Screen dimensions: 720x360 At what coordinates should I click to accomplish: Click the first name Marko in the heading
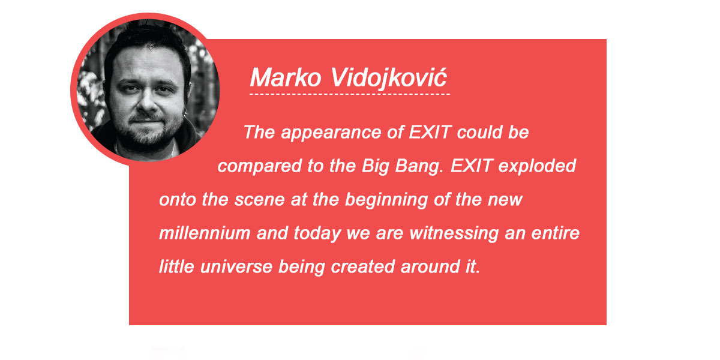(286, 77)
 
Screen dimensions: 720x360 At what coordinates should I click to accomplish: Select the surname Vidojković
(388, 79)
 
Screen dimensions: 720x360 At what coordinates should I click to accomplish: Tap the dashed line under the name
(350, 94)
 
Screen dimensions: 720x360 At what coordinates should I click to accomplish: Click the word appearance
(331, 133)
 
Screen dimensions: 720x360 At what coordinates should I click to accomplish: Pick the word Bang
(419, 167)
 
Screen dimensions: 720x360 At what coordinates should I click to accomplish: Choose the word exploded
(537, 167)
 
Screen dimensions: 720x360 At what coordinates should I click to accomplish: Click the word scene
(259, 200)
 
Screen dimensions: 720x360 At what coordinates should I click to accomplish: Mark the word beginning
(386, 200)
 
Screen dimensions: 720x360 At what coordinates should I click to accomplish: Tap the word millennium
(205, 233)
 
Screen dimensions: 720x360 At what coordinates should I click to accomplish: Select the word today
(317, 233)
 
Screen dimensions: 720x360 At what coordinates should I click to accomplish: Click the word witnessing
(454, 233)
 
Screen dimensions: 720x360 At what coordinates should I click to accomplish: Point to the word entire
(556, 233)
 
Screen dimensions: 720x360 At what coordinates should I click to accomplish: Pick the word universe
(236, 267)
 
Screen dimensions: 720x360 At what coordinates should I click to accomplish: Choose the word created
(363, 267)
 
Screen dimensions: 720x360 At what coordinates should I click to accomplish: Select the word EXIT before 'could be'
(430, 132)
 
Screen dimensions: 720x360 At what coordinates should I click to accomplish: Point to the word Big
(375, 167)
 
